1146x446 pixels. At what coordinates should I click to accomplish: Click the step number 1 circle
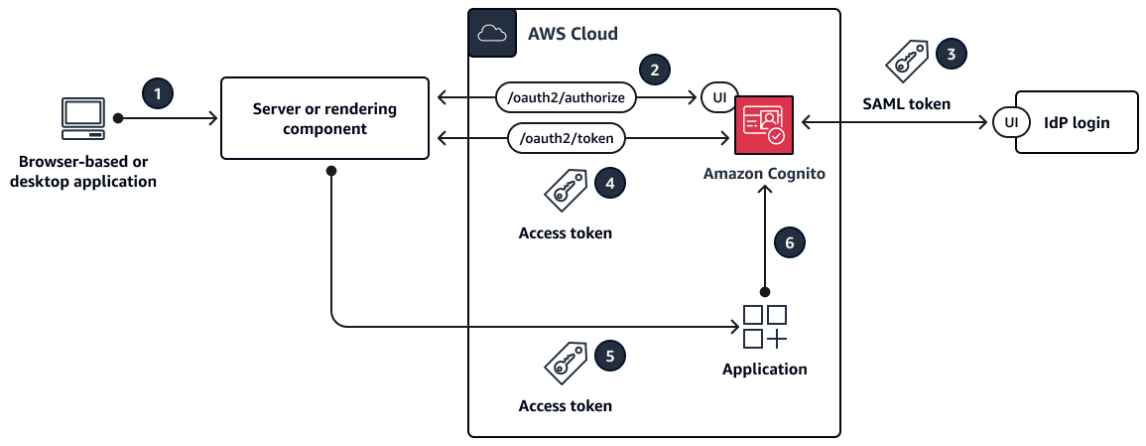157,93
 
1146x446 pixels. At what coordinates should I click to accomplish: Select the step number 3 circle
951,55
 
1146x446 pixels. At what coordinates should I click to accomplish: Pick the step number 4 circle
608,182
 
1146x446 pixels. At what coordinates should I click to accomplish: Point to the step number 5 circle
608,355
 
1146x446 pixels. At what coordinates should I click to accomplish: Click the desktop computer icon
82,118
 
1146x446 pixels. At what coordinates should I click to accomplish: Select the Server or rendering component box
324,117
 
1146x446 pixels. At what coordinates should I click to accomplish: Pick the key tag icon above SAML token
905,62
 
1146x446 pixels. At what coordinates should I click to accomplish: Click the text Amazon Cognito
764,174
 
